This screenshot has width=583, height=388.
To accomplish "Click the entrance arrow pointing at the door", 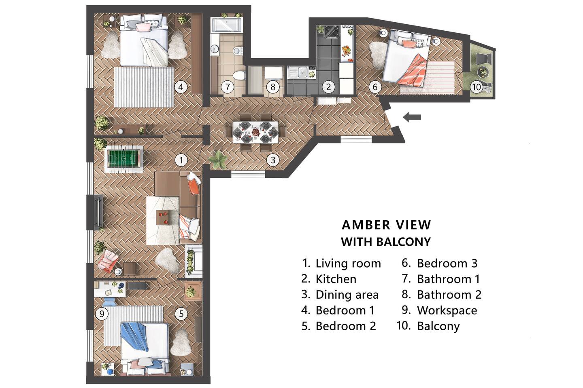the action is pyautogui.click(x=412, y=117).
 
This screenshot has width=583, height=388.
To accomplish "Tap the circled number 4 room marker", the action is pyautogui.click(x=181, y=87).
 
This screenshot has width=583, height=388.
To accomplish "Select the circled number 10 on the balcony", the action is pyautogui.click(x=476, y=87).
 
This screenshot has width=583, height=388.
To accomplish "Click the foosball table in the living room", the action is pyautogui.click(x=123, y=159).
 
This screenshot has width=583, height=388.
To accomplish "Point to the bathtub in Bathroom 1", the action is pyautogui.click(x=226, y=25).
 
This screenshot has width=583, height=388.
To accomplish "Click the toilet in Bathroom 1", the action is pyautogui.click(x=239, y=75).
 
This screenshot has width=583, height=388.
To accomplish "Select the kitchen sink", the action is pyautogui.click(x=302, y=72).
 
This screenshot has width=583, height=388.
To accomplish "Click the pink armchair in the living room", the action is pyautogui.click(x=107, y=261).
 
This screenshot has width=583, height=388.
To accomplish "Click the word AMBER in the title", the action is pyautogui.click(x=366, y=225).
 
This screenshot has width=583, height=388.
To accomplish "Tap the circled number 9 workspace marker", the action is pyautogui.click(x=102, y=314).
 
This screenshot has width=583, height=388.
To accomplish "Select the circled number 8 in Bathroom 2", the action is pyautogui.click(x=273, y=87).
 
